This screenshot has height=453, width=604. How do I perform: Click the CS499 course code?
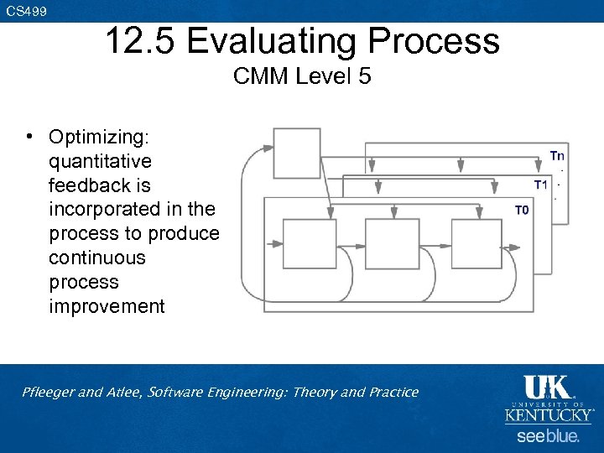[27, 11]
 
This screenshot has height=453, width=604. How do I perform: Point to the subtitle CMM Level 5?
[302, 77]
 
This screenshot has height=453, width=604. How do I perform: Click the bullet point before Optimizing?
[29, 136]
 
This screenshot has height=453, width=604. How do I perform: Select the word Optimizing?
[98, 136]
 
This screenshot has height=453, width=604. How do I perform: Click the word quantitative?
[100, 160]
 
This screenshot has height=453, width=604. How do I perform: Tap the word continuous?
[96, 258]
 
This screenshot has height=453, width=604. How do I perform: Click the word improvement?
[107, 306]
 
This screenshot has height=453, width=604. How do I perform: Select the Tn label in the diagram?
[557, 155]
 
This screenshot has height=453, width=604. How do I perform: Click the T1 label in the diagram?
[541, 184]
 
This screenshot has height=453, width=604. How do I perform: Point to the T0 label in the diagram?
[522, 211]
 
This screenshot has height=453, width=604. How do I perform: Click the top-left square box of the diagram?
[297, 154]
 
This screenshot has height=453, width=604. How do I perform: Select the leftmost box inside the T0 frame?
[309, 244]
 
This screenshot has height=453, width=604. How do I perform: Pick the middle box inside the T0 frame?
[392, 244]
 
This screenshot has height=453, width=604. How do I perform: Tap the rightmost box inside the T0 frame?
[476, 244]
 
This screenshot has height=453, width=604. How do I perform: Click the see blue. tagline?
[548, 436]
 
